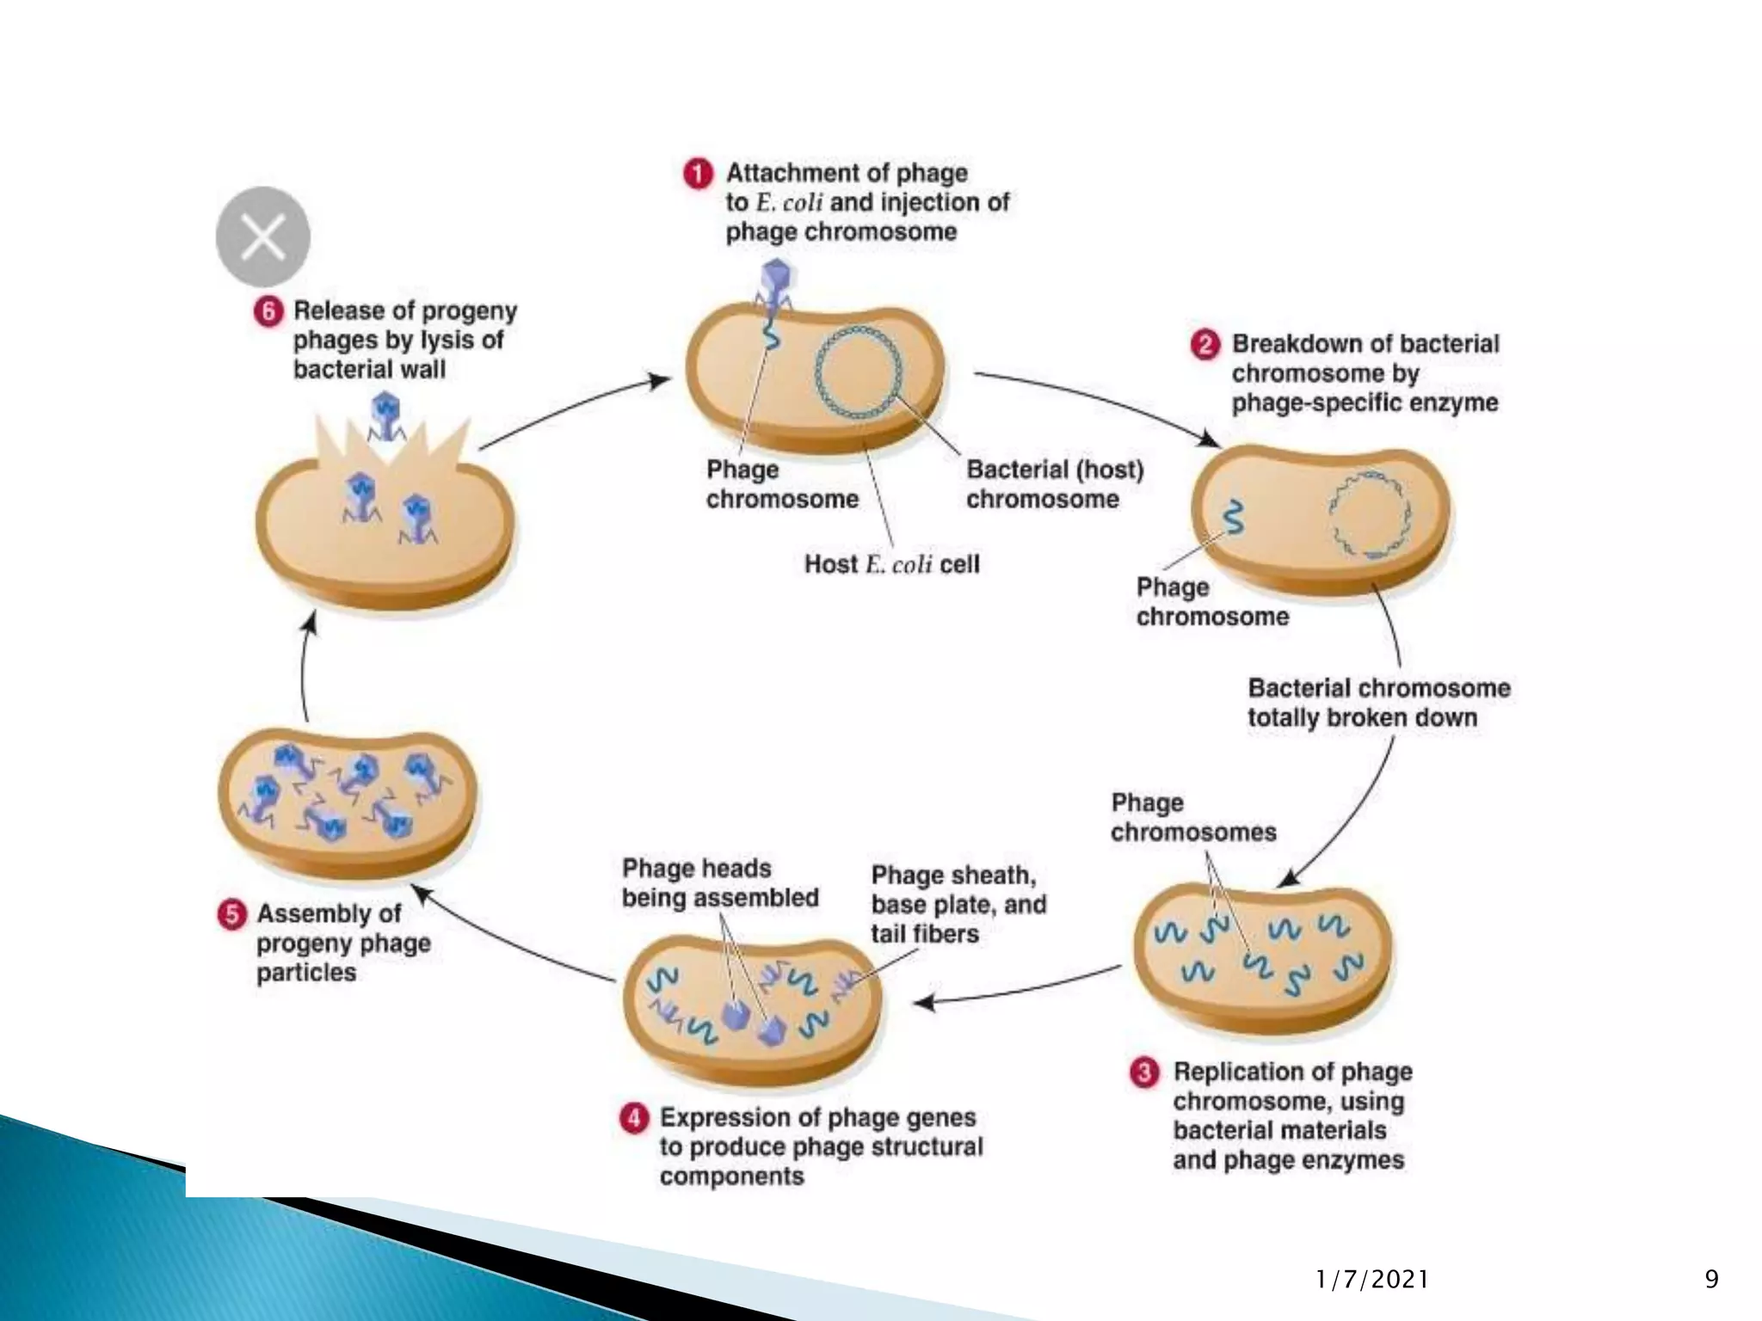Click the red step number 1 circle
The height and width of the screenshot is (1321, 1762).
698,174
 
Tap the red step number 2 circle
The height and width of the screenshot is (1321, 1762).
1204,345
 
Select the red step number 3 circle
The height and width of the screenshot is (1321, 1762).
1144,1073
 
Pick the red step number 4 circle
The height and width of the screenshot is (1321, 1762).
634,1119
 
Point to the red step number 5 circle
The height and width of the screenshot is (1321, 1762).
231,914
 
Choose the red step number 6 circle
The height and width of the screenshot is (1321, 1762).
268,310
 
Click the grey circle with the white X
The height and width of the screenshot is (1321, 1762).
262,237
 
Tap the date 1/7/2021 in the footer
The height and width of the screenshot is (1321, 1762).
1371,1280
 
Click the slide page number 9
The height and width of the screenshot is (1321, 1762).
1711,1280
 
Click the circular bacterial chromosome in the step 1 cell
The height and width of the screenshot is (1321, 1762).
859,374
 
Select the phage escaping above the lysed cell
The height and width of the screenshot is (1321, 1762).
385,415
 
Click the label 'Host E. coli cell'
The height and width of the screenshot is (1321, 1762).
891,564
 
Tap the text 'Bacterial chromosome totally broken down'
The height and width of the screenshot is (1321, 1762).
1378,703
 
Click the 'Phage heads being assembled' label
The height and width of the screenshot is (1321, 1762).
719,883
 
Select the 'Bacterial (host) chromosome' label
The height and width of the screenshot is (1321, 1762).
1054,484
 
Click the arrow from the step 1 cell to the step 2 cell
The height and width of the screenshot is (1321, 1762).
1093,400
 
